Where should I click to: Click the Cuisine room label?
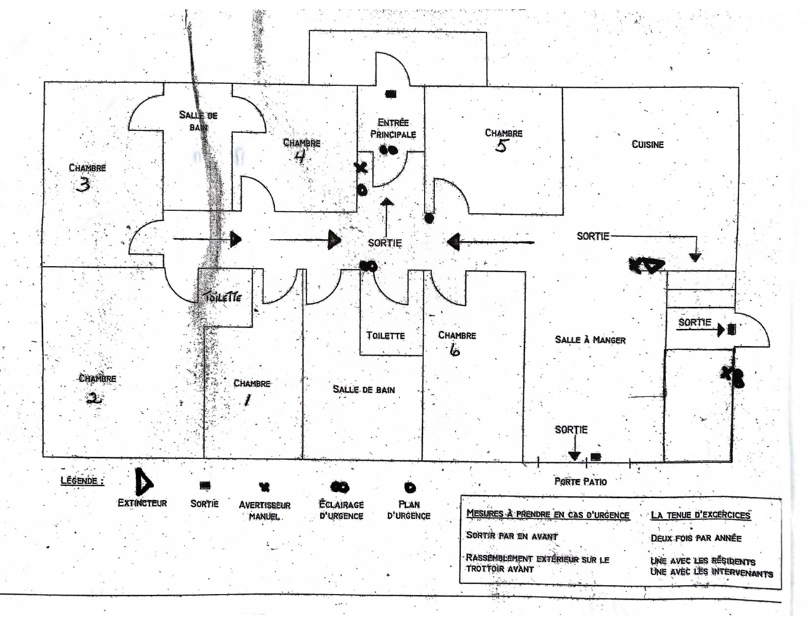click(647, 145)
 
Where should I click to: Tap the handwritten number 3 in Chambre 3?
click(83, 185)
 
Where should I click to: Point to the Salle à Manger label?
click(590, 340)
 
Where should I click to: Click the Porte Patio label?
click(581, 481)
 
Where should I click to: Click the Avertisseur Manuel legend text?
click(264, 510)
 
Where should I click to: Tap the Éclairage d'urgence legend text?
click(341, 510)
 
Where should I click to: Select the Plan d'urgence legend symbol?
click(409, 487)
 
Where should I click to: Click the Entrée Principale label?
click(393, 128)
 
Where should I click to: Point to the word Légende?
click(82, 480)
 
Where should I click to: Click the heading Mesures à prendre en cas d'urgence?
click(548, 514)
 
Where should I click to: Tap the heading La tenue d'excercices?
click(700, 515)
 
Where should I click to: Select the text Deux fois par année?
click(696, 538)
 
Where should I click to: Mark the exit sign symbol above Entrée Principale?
click(390, 94)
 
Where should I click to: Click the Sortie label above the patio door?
click(571, 430)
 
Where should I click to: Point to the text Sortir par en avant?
click(511, 536)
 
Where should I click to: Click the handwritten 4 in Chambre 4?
click(300, 157)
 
